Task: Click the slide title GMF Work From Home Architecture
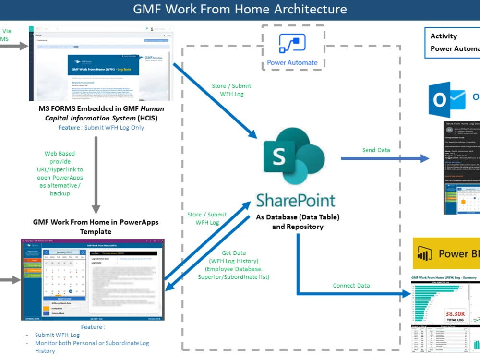(240, 9)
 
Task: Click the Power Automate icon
(292, 44)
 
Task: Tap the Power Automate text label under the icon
(292, 62)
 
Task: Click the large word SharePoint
(296, 200)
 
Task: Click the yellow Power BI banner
(446, 253)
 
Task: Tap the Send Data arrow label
(376, 150)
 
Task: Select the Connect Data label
(351, 286)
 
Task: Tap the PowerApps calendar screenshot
(92, 279)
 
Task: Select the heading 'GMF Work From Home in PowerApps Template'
(96, 227)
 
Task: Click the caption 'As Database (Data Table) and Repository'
(298, 222)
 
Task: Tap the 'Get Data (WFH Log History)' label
(234, 265)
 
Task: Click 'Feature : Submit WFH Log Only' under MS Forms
(101, 128)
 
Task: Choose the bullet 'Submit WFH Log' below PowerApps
(57, 335)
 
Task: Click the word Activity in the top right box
(444, 36)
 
